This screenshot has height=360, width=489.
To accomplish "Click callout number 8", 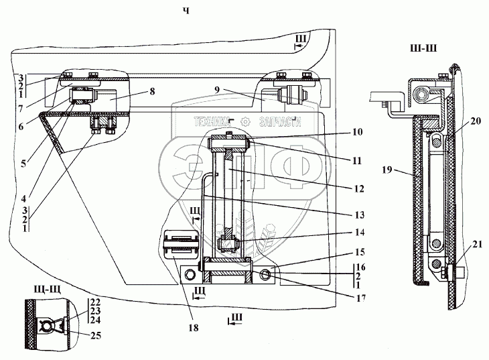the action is point(152,92).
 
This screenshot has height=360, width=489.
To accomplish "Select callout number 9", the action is point(217,90).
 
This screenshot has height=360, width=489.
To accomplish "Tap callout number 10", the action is point(358,132).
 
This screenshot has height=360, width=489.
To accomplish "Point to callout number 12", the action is point(359,189).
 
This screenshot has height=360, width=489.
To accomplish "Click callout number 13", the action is point(359,215).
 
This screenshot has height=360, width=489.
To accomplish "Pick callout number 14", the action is point(360,233).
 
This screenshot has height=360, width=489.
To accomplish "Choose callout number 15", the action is point(360,252).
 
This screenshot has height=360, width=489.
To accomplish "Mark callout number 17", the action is point(360,298).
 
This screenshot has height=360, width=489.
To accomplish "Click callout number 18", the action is point(194,328).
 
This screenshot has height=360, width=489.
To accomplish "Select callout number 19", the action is point(387,170).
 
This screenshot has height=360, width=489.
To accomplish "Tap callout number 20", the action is point(476,121).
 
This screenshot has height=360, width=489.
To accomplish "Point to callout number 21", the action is point(477,245).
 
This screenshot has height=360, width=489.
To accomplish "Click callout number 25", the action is point(96,336).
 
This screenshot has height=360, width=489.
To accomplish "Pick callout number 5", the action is point(23,164).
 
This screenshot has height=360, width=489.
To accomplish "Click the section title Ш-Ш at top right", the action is point(423,48).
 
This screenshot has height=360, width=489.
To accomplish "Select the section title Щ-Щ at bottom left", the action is point(48,290).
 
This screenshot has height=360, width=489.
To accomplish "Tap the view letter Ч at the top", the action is point(186,11).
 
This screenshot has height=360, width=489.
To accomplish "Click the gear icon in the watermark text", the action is point(246,121).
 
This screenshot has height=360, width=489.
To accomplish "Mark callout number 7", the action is point(21,109).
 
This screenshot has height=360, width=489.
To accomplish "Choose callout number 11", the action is point(357,161).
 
